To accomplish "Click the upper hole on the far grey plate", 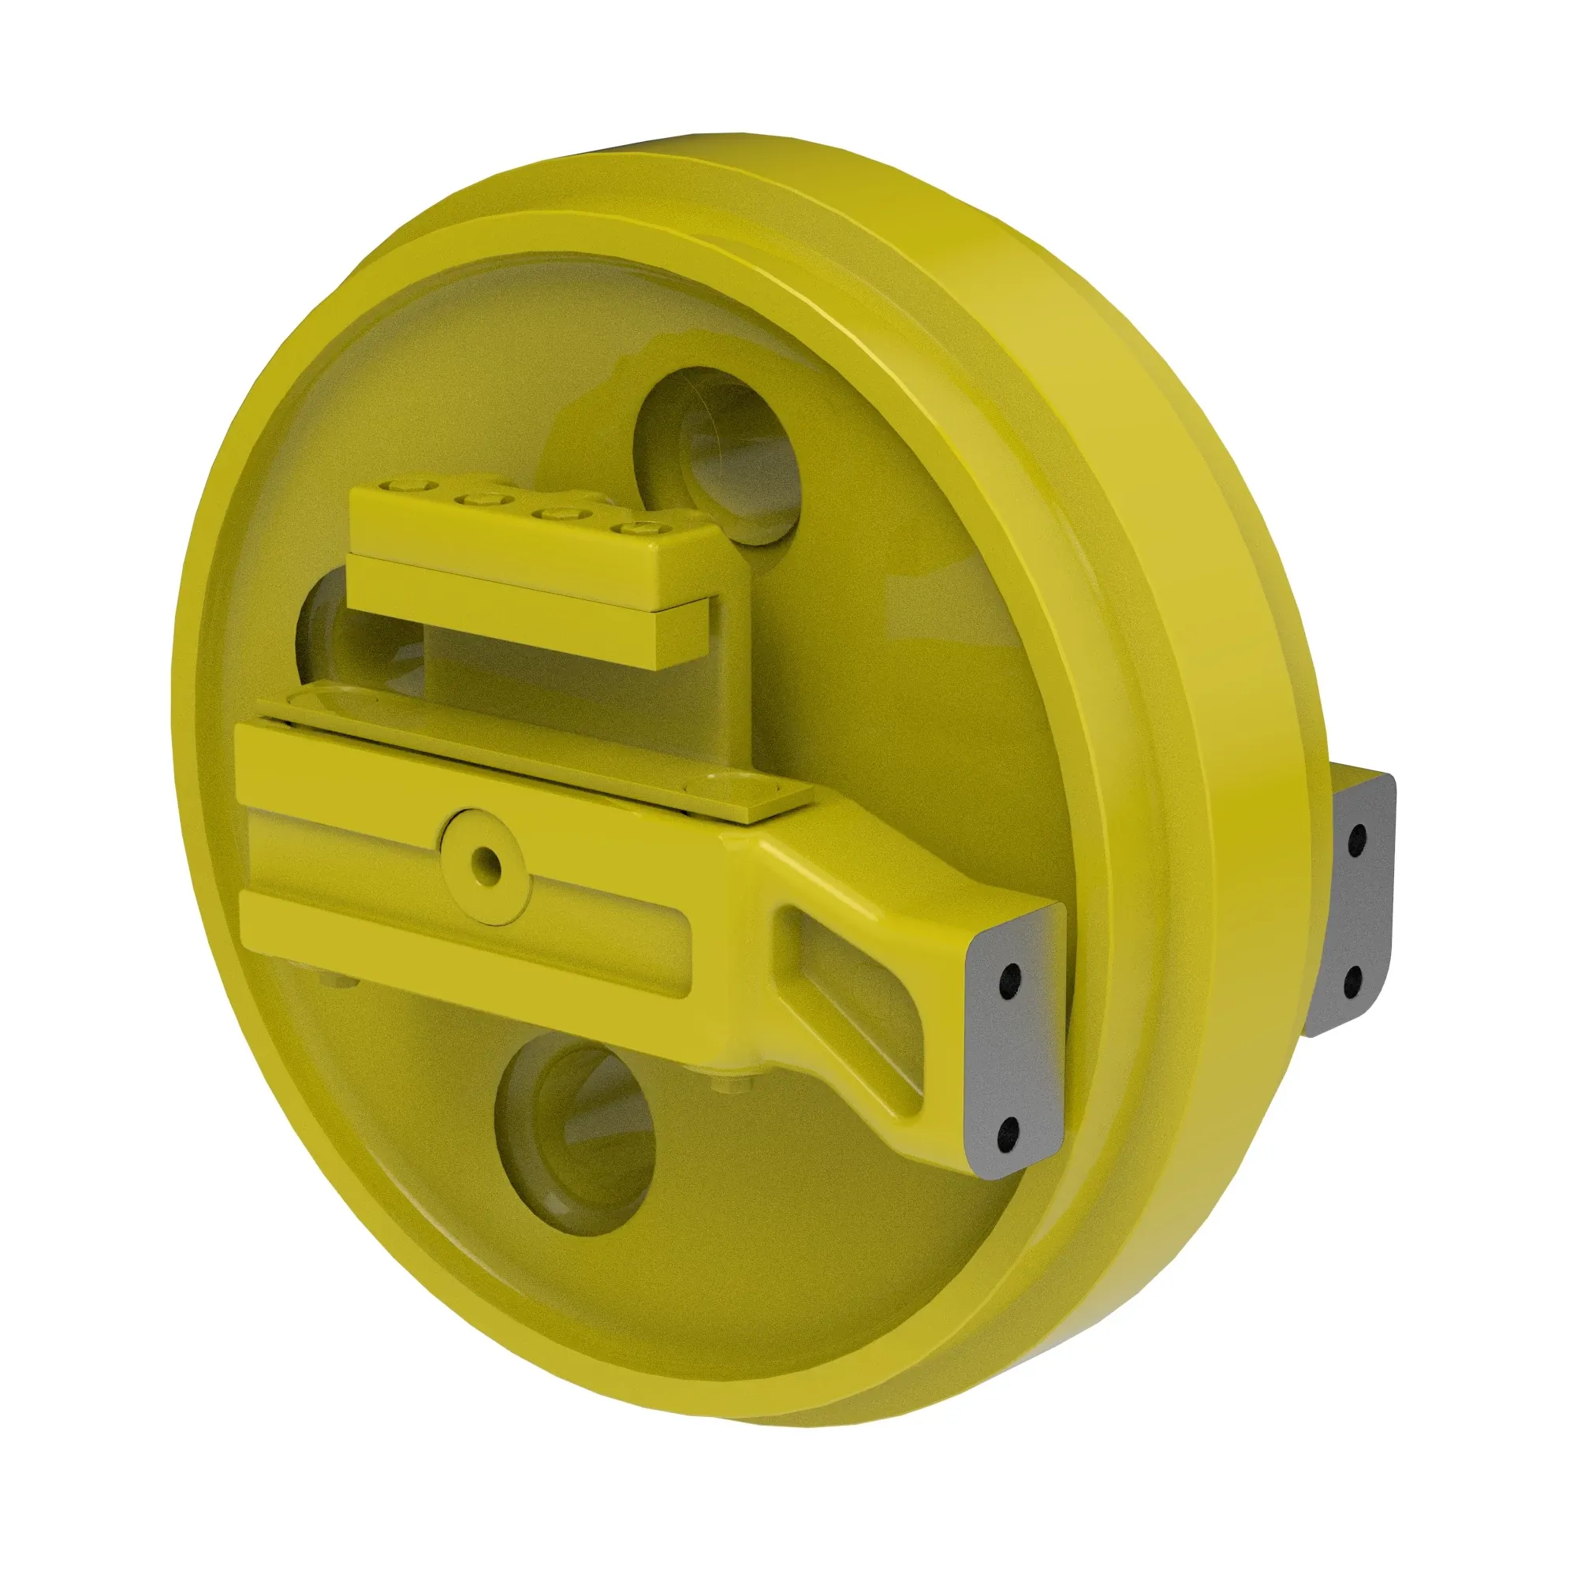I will tap(1359, 838).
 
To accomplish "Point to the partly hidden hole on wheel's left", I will tap(322, 632).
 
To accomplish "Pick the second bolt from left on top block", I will tap(477, 500).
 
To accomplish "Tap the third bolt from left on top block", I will tap(556, 513).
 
